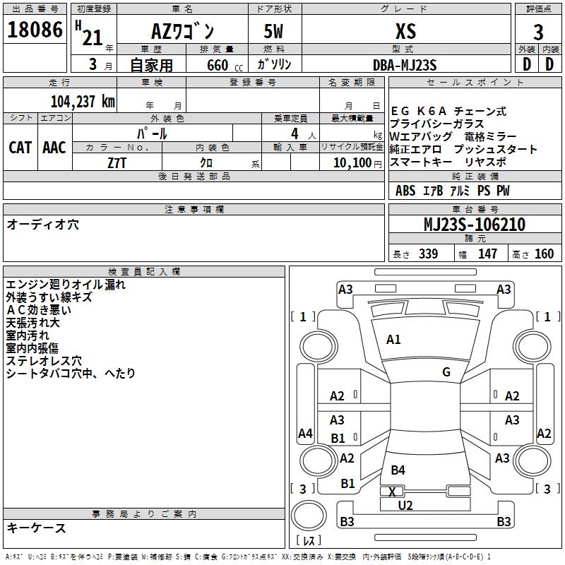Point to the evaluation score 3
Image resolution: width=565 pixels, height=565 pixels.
pyautogui.click(x=538, y=32)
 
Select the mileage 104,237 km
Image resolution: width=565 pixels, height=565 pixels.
pyautogui.click(x=82, y=101)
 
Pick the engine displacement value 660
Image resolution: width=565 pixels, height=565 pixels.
pyautogui.click(x=218, y=65)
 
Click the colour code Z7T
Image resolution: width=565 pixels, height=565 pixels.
pyautogui.click(x=117, y=162)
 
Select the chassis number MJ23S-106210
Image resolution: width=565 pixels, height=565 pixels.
pyautogui.click(x=474, y=225)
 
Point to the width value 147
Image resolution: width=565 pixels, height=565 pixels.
pyautogui.click(x=487, y=254)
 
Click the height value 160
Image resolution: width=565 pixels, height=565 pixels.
pyautogui.click(x=544, y=254)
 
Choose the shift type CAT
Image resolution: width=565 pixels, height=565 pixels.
pyautogui.click(x=20, y=148)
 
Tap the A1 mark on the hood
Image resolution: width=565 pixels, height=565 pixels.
pyautogui.click(x=393, y=340)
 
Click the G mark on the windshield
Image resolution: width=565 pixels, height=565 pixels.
pyautogui.click(x=446, y=372)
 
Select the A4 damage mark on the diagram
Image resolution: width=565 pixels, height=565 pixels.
pyautogui.click(x=305, y=434)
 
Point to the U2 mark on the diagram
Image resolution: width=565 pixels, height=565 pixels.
pyautogui.click(x=405, y=505)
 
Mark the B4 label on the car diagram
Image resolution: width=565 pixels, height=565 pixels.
pyautogui.click(x=398, y=470)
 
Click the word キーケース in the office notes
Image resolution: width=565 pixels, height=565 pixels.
pyautogui.click(x=36, y=528)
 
